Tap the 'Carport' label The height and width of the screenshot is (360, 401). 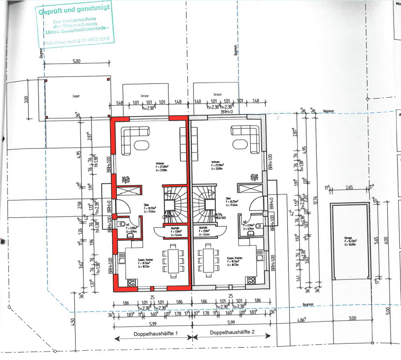pos(76,95)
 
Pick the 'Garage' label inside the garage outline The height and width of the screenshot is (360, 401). pos(348,238)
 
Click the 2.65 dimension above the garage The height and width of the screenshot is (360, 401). pos(349,188)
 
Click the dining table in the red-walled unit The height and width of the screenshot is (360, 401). pos(171,261)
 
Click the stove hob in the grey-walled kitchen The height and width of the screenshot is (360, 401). pos(252,280)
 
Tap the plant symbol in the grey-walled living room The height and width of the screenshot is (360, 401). pos(254,178)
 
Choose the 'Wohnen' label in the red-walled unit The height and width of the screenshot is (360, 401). pos(160,163)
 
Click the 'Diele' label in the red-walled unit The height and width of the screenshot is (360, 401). pos(146,205)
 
